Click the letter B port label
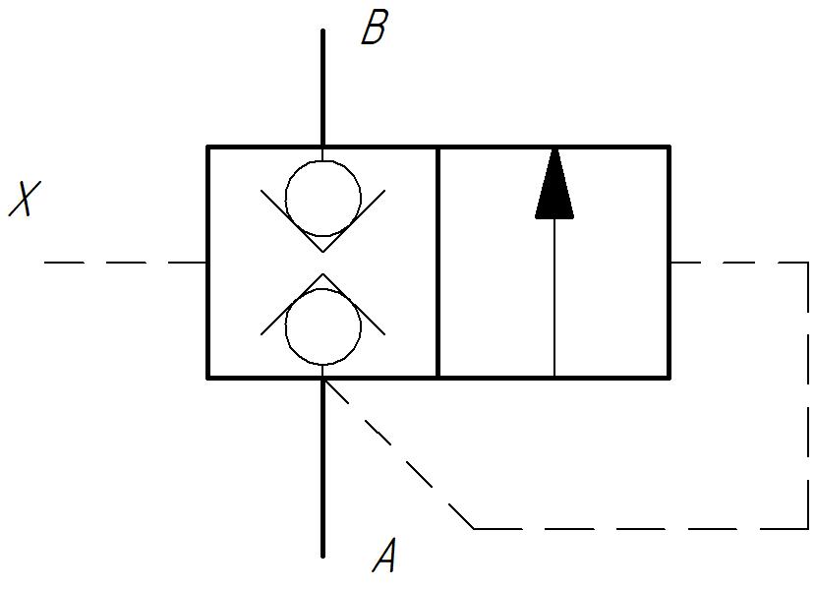click(375, 27)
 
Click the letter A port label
click(384, 555)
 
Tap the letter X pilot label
click(25, 198)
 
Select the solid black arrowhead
click(554, 184)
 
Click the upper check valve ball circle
click(322, 198)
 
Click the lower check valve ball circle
click(322, 327)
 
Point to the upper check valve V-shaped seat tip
click(322, 252)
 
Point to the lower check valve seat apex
click(322, 274)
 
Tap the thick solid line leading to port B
click(322, 88)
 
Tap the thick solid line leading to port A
click(322, 468)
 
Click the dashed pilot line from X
click(125, 263)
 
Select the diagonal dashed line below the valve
click(399, 454)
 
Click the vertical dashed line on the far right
click(808, 395)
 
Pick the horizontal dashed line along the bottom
click(641, 529)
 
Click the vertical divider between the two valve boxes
click(438, 263)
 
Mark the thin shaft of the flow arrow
click(554, 297)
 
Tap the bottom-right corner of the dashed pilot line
click(808, 529)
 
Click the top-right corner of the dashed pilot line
click(808, 263)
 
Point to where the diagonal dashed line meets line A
click(323, 380)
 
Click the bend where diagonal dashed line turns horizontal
click(474, 529)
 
